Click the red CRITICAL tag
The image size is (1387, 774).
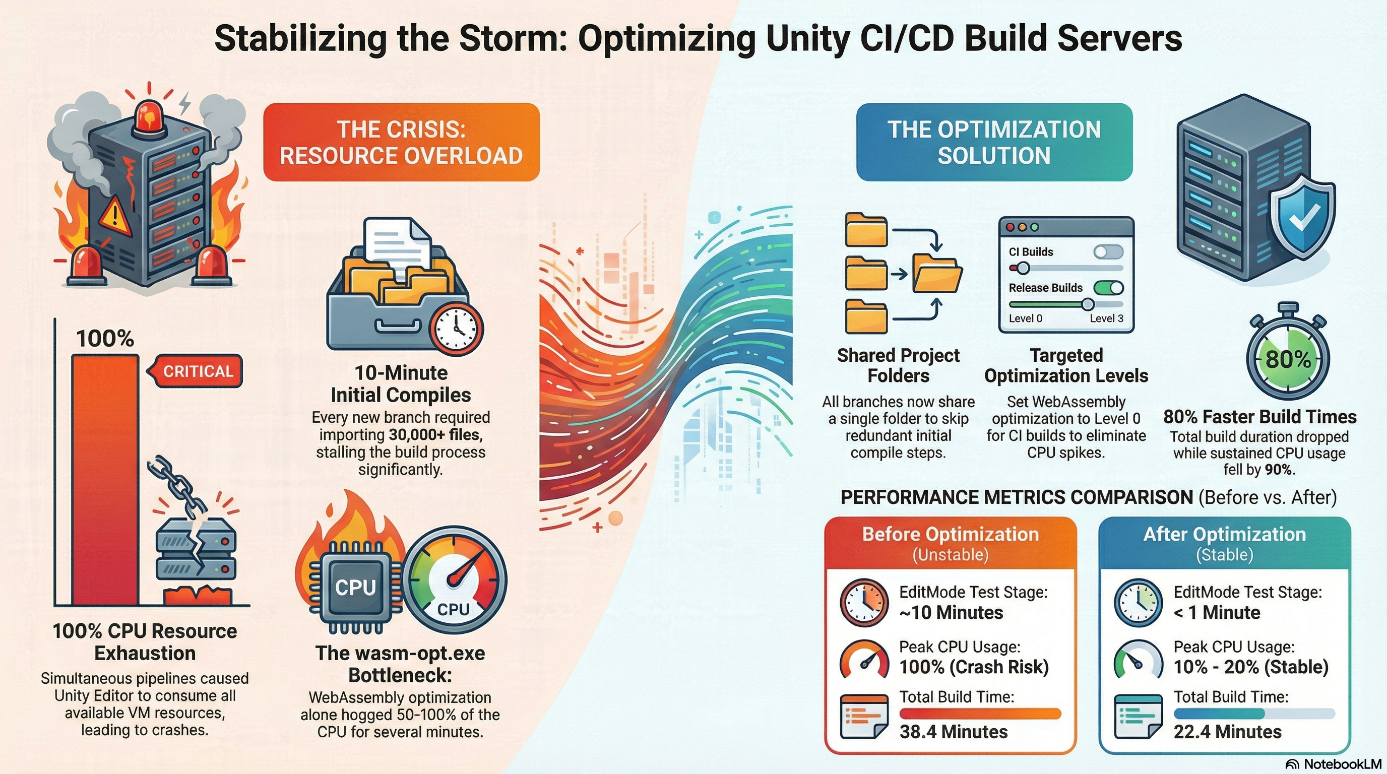[x=197, y=371]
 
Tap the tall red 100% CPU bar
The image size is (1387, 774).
[x=105, y=479]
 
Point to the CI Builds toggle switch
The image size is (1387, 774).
[x=1108, y=252]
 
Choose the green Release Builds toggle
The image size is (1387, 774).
[x=1109, y=287]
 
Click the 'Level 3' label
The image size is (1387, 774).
[x=1106, y=318]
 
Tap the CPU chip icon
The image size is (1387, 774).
[x=355, y=588]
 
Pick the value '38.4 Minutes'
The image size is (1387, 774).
[x=953, y=732]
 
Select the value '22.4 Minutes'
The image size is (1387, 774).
[x=1227, y=732]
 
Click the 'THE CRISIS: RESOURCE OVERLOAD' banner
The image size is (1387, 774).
[x=401, y=142]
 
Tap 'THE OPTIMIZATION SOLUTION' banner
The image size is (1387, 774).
[x=994, y=142]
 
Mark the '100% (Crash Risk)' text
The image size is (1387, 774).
[x=974, y=667]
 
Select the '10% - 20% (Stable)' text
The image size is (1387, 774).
[x=1250, y=667]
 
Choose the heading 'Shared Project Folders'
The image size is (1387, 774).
[x=898, y=365]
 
